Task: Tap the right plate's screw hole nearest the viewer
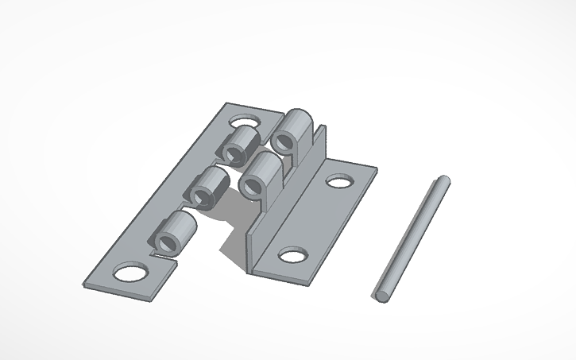tap(292, 256)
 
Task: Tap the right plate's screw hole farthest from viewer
tap(339, 181)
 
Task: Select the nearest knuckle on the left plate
tap(176, 233)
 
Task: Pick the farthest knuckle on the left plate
tap(239, 145)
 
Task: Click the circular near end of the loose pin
tap(382, 294)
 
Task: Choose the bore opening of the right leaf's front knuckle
tap(253, 187)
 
